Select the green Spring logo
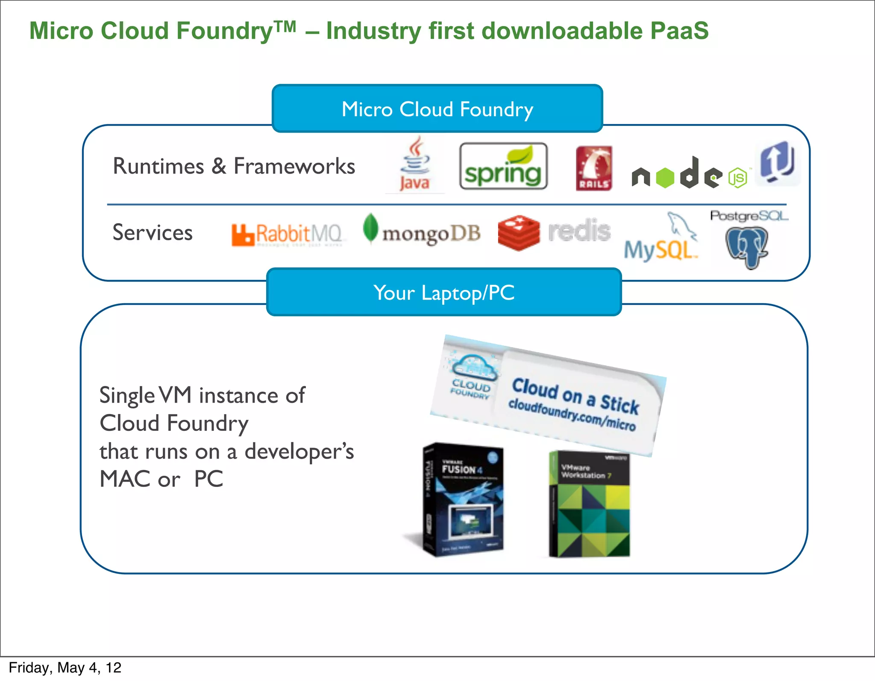(x=503, y=167)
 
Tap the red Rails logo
(x=593, y=168)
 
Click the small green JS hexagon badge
(x=738, y=178)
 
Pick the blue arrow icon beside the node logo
(x=777, y=163)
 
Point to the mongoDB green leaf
(x=370, y=228)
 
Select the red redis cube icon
(x=519, y=233)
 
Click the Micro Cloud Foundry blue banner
(x=437, y=109)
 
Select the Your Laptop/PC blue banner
(x=443, y=292)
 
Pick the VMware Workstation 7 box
(x=589, y=504)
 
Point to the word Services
(x=153, y=233)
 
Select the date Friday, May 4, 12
(x=65, y=668)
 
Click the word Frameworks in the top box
(x=294, y=166)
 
